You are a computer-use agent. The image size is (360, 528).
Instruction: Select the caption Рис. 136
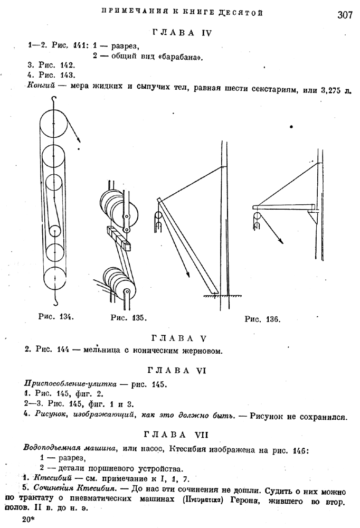263,319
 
